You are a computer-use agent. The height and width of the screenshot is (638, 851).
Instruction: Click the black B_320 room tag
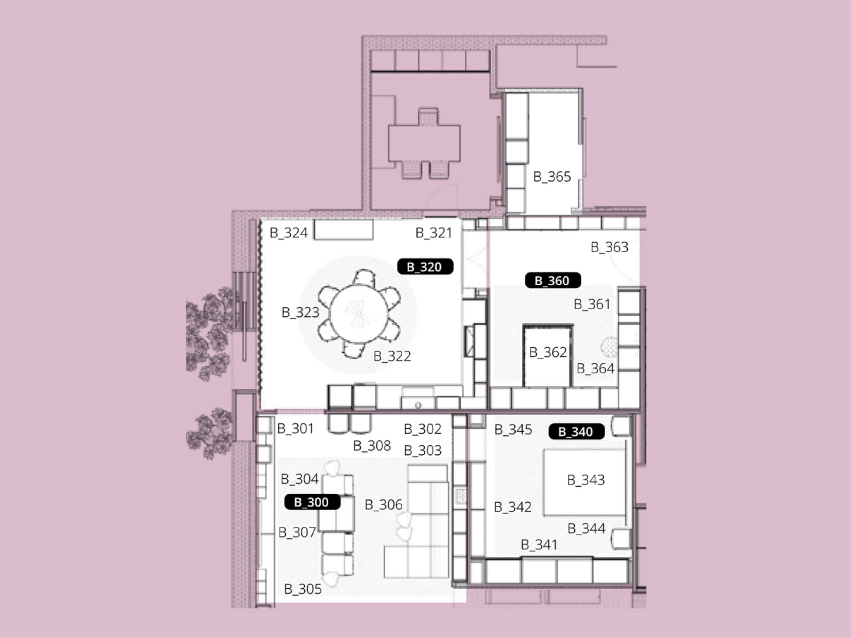click(425, 267)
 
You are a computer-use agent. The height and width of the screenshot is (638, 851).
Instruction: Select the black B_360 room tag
click(553, 281)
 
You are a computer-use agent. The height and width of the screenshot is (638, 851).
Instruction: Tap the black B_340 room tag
click(576, 431)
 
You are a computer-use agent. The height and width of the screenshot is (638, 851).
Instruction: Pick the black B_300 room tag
click(312, 502)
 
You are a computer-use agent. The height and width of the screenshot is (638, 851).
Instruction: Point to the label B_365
click(552, 176)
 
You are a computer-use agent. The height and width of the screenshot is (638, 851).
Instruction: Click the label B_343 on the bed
click(585, 480)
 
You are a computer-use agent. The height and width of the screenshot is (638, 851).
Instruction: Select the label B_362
click(548, 352)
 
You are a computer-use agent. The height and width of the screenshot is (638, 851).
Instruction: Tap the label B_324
click(288, 233)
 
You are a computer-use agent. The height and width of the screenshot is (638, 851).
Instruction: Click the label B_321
click(434, 233)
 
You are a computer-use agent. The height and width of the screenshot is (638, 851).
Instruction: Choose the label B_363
click(609, 247)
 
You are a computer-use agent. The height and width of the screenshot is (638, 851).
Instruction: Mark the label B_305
click(303, 589)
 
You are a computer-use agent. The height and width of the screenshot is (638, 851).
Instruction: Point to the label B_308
click(372, 446)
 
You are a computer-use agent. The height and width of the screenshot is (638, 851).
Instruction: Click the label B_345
click(513, 429)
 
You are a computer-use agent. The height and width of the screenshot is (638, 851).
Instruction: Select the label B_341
click(539, 544)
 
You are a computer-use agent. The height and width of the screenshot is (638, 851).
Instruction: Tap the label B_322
click(392, 356)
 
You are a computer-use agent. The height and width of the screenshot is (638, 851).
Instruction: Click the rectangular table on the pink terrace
click(424, 143)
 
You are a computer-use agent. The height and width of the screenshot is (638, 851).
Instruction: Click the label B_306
click(383, 505)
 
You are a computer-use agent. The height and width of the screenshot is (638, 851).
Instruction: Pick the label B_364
click(595, 369)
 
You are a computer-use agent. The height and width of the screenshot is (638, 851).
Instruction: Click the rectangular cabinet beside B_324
click(344, 230)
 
